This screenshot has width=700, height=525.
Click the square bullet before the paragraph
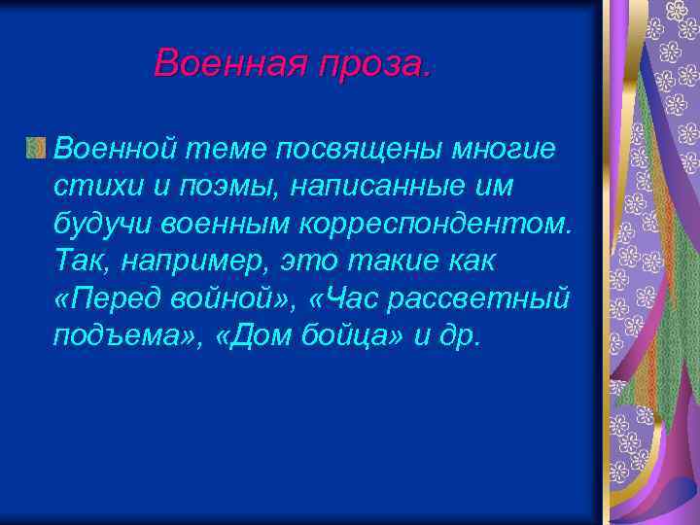(36, 148)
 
